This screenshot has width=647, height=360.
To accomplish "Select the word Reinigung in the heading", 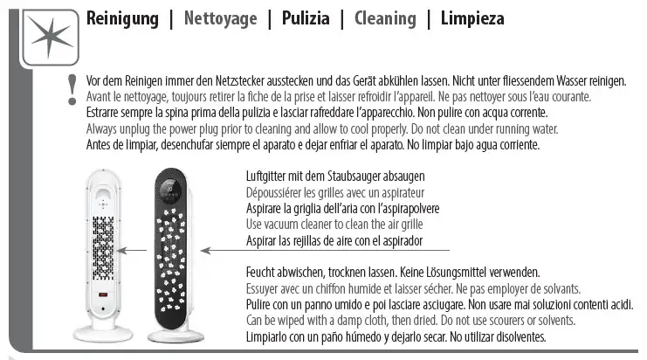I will (122, 18).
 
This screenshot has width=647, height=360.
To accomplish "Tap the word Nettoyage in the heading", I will (220, 18).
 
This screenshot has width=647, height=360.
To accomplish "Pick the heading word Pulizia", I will (305, 18).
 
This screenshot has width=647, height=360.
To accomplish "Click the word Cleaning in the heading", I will (385, 18).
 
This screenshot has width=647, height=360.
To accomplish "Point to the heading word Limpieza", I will (472, 18).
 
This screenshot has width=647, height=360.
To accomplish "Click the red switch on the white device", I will (102, 295).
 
